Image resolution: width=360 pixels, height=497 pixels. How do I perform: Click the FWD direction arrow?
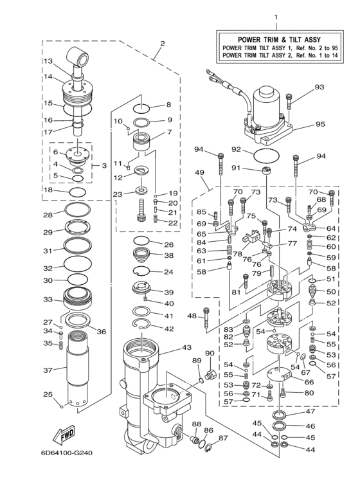coord(65,437)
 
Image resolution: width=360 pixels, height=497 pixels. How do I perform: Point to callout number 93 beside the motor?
coord(319,87)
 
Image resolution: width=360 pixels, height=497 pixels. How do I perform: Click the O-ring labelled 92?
coord(265,155)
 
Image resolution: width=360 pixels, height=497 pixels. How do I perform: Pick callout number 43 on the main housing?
coord(186,347)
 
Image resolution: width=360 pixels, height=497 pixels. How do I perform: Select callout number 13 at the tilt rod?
coord(48,61)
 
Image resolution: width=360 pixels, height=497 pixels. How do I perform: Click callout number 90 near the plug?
coord(210,353)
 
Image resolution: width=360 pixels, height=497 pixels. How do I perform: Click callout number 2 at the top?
coord(162,44)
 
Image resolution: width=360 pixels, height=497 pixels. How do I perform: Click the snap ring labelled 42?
coord(145,330)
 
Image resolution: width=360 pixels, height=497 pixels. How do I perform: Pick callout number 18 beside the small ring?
coord(48,190)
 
